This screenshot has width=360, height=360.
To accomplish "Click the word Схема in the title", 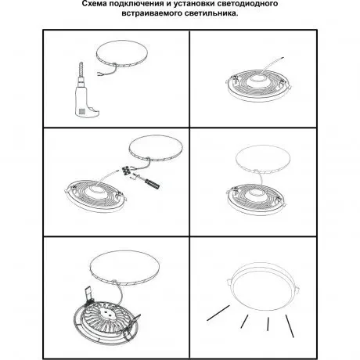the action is (93, 4).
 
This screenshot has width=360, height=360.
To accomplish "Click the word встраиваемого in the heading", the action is (151, 13).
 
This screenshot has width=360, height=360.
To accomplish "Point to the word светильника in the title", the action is (210, 13).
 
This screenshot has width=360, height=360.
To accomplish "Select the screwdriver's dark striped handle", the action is (153, 184).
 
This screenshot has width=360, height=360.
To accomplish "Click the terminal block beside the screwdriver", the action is (127, 171).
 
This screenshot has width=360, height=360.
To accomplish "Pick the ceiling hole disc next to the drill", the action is (122, 54).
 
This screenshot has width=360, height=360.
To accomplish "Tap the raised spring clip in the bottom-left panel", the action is (88, 294).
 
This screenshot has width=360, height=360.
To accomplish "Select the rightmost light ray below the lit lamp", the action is (290, 326).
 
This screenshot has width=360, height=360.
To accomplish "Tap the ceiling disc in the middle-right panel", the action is (263, 159).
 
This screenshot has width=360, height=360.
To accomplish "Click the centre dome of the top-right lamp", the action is (257, 81).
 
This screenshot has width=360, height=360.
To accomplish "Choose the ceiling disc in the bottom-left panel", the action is (124, 269).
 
